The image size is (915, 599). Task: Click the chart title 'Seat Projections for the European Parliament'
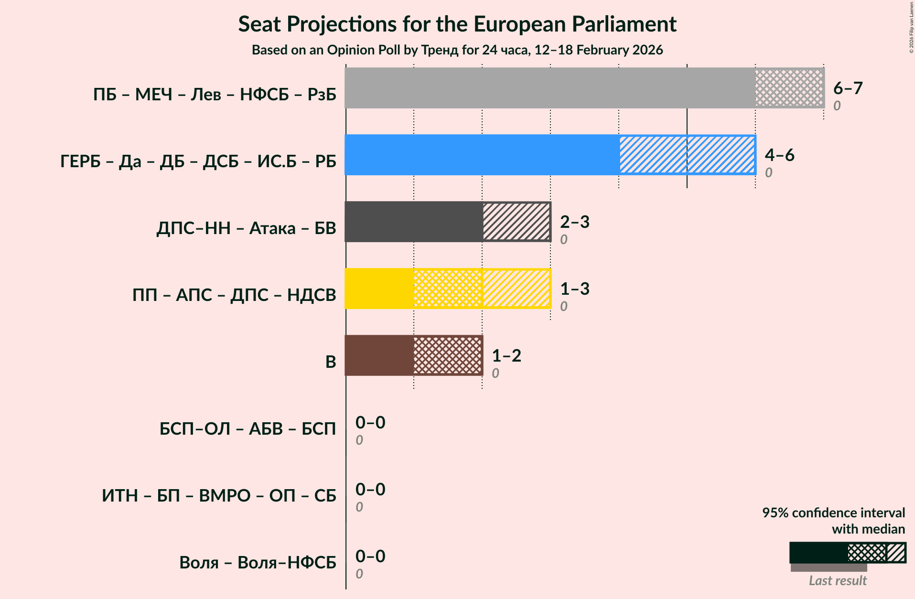click(457, 24)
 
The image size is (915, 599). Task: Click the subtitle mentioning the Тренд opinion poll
click(457, 50)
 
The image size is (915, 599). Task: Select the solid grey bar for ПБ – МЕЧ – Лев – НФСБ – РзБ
click(549, 88)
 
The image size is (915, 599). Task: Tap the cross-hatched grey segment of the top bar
click(789, 88)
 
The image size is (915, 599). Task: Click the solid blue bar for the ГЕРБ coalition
click(482, 155)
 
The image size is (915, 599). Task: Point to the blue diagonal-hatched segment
click(687, 155)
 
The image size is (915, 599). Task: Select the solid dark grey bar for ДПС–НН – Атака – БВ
click(413, 222)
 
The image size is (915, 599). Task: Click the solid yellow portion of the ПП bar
click(379, 289)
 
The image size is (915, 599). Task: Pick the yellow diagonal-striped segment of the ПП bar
click(516, 289)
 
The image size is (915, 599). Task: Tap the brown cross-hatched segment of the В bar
click(448, 355)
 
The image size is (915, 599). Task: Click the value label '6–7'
click(848, 88)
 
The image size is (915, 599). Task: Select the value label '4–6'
click(779, 155)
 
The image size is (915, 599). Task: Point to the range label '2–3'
click(574, 222)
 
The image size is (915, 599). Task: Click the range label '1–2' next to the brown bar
click(506, 356)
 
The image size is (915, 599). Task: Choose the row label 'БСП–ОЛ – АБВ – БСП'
click(248, 429)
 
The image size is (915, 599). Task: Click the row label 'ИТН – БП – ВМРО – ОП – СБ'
click(219, 496)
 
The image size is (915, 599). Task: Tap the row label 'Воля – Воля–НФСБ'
click(258, 563)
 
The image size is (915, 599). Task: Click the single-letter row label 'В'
click(331, 362)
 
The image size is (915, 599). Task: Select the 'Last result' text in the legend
click(837, 581)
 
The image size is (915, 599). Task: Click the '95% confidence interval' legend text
click(833, 513)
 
